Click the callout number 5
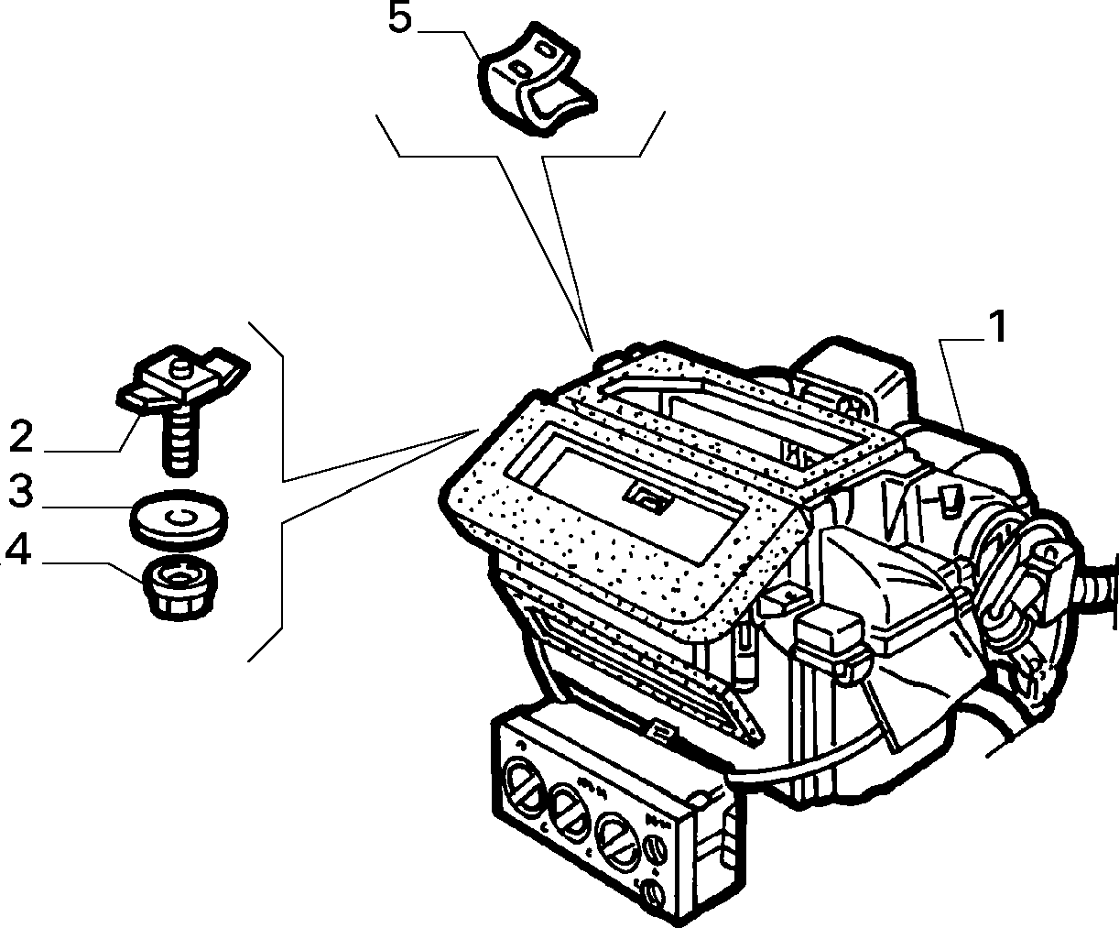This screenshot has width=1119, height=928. pos(400,20)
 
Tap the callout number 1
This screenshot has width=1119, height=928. pos(997,328)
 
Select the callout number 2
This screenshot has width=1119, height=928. pos(21,436)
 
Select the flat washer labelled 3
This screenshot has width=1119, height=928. pos(179,519)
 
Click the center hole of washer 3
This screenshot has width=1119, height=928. pos(179,517)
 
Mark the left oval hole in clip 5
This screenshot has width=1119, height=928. pos(520,69)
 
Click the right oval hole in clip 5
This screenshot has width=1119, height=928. pos(546,49)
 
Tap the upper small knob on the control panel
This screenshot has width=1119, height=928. pos(657,848)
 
